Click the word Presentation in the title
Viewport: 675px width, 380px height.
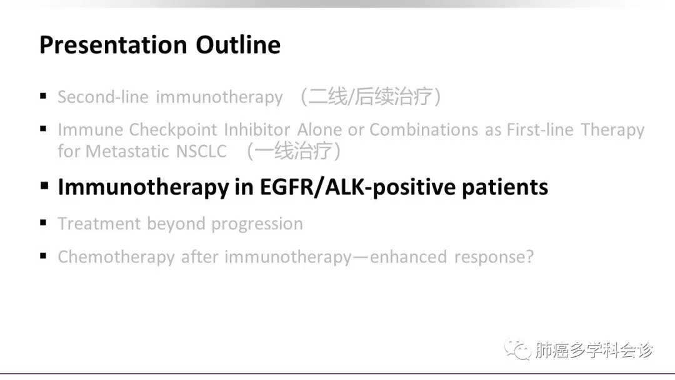[x=113, y=45]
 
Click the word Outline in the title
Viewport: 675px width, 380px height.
[x=238, y=45]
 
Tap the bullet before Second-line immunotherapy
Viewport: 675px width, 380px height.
[x=43, y=96]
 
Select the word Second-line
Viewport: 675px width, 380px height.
[x=103, y=97]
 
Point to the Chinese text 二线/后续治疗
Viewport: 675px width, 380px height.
[x=371, y=96]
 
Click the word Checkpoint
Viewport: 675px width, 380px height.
[x=173, y=129]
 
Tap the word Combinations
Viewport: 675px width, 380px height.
[x=424, y=129]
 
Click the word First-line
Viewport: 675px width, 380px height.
[x=540, y=129]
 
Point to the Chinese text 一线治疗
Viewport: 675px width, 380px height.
[x=294, y=151]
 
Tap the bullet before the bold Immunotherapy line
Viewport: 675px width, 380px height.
[x=44, y=186]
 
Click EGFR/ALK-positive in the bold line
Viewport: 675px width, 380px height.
[x=357, y=187]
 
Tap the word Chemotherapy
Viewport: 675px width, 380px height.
[x=116, y=257]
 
